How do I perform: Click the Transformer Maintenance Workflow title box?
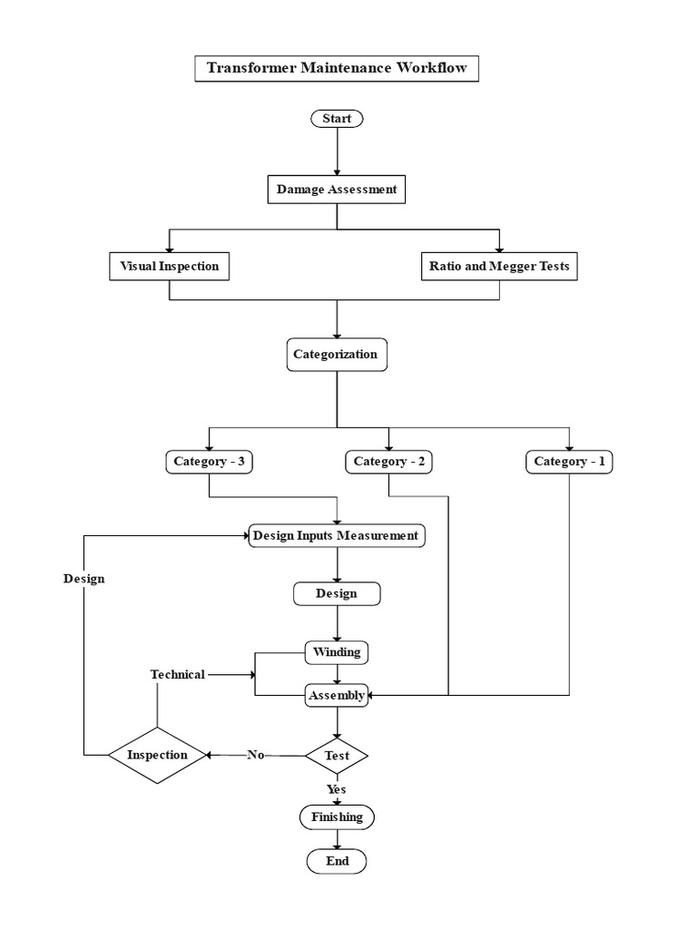337,69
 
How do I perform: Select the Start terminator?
337,119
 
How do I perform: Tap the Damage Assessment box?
337,191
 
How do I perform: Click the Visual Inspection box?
169,267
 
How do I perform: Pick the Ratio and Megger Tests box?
499,267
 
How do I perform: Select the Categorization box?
337,355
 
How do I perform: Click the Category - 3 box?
210,462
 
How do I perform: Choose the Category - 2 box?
388,462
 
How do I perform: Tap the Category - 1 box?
569,462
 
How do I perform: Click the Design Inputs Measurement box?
337,536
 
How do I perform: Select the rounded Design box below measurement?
337,594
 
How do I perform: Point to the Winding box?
337,652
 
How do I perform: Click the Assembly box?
337,696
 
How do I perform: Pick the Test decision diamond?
337,755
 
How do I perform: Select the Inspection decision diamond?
157,755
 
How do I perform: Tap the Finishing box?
337,817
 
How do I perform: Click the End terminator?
337,861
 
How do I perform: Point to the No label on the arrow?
255,755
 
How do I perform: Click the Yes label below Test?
337,789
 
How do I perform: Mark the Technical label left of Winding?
177,674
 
